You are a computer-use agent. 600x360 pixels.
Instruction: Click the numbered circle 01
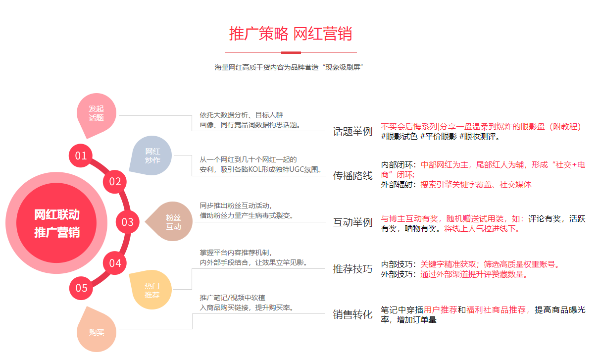point(81,156)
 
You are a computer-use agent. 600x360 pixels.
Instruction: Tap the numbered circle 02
point(115,181)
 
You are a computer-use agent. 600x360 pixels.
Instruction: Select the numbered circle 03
point(128,222)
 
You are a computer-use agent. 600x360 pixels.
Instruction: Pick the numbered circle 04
point(115,263)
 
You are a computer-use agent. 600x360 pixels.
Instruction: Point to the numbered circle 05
point(81,288)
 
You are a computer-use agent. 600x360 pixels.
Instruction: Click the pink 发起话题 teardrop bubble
point(97,114)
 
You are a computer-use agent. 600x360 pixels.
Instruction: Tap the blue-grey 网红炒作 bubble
point(152,155)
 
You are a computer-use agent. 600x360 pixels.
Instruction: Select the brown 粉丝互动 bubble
point(173,222)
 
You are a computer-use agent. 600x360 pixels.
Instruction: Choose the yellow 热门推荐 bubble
point(151,290)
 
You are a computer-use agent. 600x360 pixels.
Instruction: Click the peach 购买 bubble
point(97,331)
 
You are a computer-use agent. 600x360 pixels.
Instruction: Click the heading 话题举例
point(352,131)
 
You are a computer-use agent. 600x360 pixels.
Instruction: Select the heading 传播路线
point(352,175)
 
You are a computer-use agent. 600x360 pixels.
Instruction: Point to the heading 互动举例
point(352,222)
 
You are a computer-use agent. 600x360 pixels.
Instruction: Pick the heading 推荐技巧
point(352,269)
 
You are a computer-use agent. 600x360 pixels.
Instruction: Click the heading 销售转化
point(352,314)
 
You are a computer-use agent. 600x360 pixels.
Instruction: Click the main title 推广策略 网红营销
point(291,34)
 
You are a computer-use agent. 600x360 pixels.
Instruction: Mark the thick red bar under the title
point(291,52)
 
